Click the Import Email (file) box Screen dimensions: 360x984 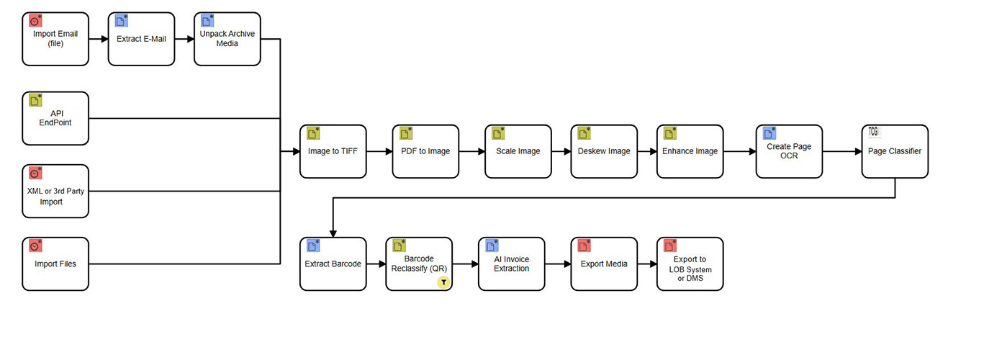55,39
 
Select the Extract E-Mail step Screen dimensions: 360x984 141,39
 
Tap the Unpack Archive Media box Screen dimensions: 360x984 227,39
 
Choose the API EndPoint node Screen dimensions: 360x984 55,118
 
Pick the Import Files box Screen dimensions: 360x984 55,264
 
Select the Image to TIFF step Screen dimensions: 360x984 333,151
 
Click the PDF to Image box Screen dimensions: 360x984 425,151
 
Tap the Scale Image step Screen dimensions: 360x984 518,151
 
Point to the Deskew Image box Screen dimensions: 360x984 603,151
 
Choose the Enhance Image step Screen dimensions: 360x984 689,151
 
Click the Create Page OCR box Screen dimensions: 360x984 788,151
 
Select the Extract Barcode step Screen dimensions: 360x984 333,264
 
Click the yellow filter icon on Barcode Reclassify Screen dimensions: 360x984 444,282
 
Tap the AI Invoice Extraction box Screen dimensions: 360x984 511,264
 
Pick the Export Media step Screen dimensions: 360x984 603,264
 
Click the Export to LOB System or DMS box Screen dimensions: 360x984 690,264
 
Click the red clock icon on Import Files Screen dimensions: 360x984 35,246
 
